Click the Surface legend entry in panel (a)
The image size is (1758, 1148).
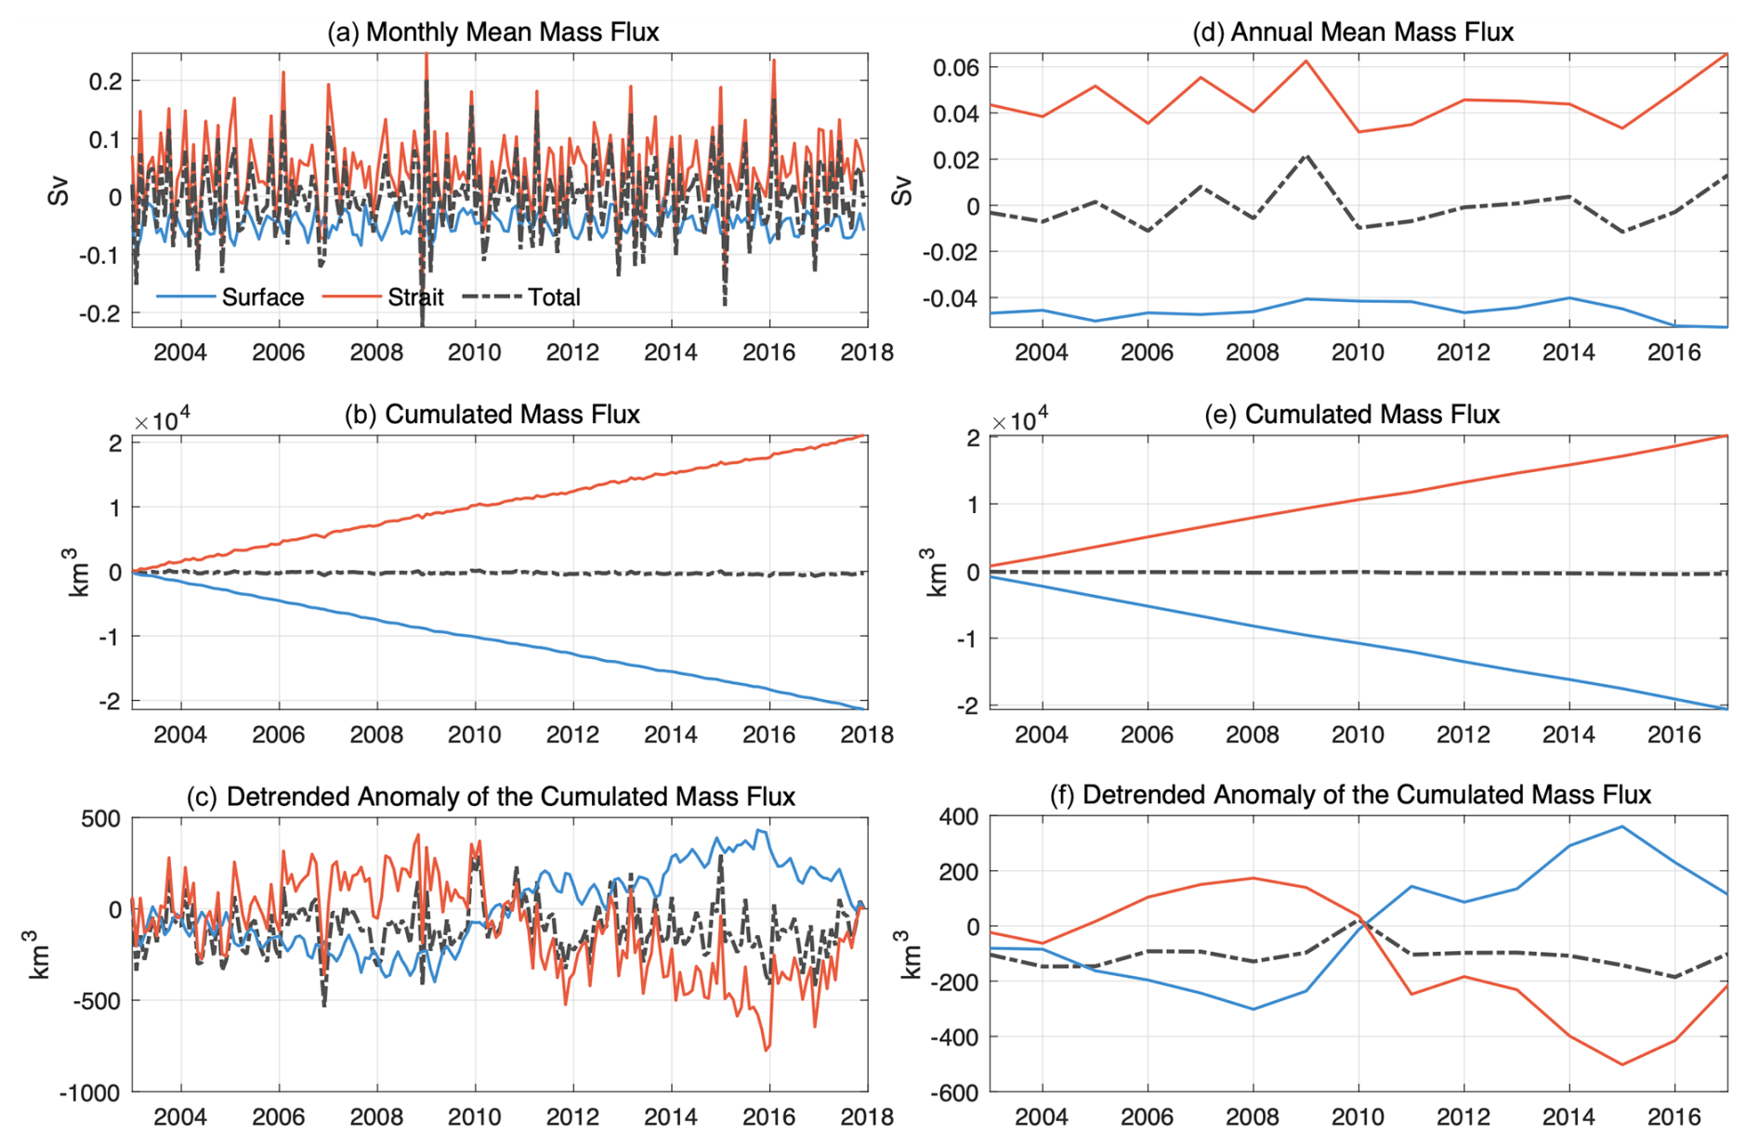click(x=262, y=297)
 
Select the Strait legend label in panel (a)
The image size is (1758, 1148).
click(x=415, y=297)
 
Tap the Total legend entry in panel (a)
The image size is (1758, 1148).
click(x=554, y=297)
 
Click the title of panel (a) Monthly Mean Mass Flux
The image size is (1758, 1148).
click(x=493, y=33)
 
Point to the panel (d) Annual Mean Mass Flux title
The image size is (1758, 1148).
click(x=1353, y=33)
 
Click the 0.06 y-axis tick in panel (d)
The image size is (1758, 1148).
click(x=957, y=68)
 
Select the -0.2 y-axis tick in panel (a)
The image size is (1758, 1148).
click(x=99, y=313)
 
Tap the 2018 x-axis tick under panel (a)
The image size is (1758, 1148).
click(x=867, y=352)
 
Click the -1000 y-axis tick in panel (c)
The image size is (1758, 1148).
click(x=90, y=1093)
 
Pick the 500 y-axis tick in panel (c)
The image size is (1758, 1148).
click(x=100, y=819)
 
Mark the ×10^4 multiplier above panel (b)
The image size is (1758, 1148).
click(x=162, y=421)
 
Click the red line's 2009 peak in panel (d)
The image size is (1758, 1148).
click(x=1306, y=61)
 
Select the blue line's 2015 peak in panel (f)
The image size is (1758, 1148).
click(x=1622, y=826)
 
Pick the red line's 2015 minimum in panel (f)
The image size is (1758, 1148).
click(x=1622, y=1064)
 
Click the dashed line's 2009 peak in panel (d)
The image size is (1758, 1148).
click(x=1306, y=155)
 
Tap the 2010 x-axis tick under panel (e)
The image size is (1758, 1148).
click(x=1358, y=734)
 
